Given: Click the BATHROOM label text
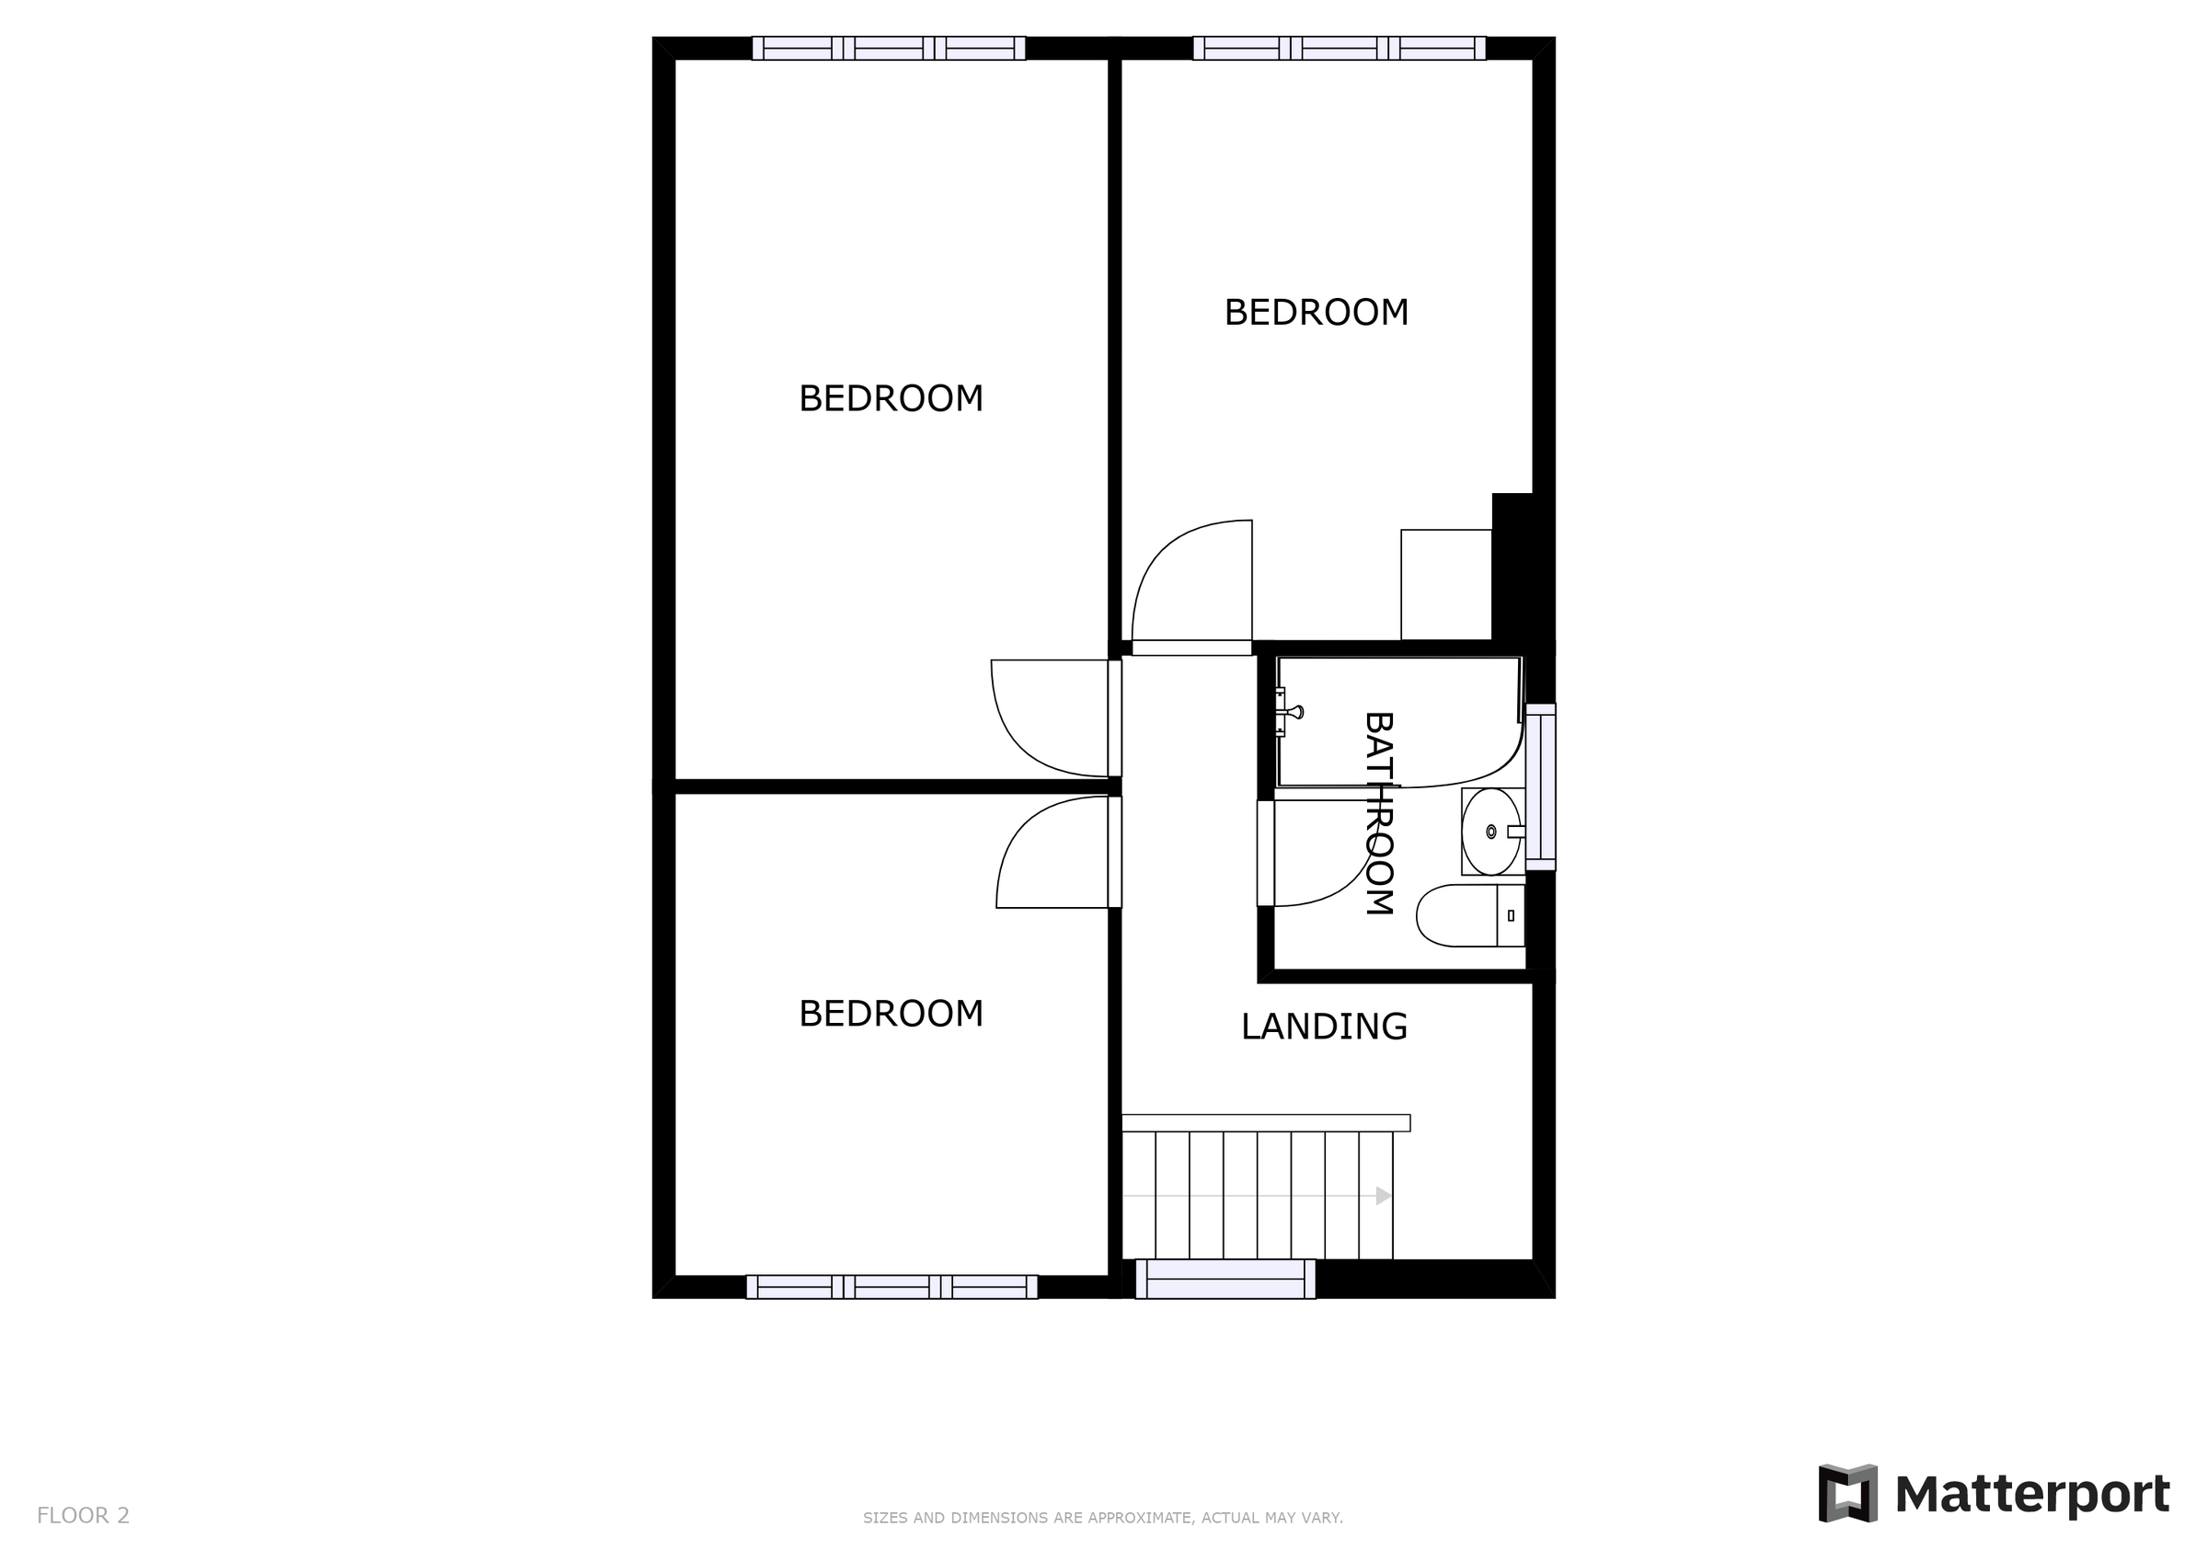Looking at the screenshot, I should coord(1379,813).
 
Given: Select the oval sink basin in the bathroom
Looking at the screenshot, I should coord(1489,831).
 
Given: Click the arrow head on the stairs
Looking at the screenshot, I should coord(1383,1196).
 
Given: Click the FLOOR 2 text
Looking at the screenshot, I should coord(83,1515).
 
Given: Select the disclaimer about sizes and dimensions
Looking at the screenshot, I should coord(1102,1518).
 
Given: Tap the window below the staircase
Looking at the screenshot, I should coord(1225,1280).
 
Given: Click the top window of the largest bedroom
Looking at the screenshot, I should coord(889,48).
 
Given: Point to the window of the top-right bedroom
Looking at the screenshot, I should coord(1339,48).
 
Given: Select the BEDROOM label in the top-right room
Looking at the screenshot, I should coord(1316,313).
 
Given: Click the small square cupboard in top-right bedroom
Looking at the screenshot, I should coord(1445,584).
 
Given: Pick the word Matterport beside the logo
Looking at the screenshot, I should coord(2031,1495).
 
